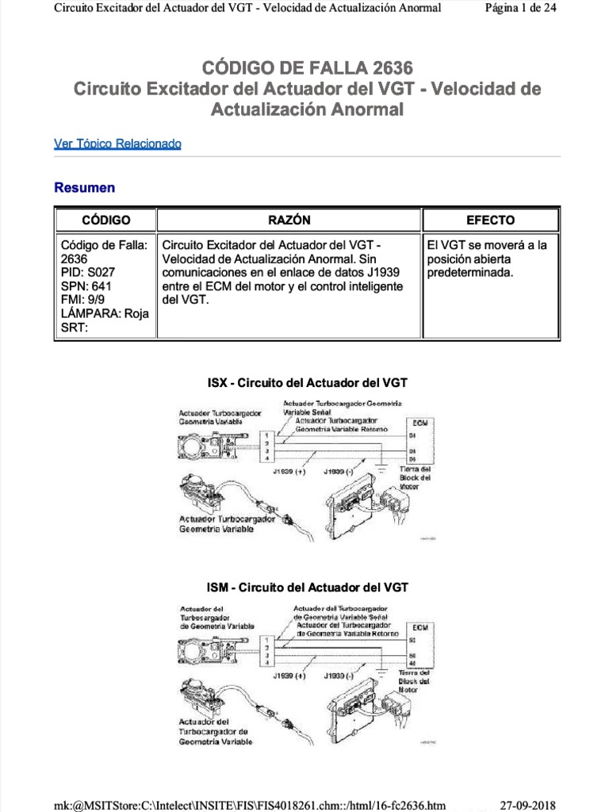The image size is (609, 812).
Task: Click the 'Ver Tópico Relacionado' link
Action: (x=117, y=144)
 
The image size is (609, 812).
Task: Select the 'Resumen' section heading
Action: (x=84, y=188)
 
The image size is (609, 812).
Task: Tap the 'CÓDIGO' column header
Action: (x=105, y=220)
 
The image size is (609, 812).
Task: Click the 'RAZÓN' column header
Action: (x=289, y=220)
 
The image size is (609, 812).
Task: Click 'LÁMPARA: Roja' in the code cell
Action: (x=105, y=313)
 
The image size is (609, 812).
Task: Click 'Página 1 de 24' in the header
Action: (x=542, y=9)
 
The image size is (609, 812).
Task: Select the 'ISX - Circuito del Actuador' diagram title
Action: (x=307, y=383)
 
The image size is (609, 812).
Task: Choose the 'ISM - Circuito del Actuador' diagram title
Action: (x=307, y=588)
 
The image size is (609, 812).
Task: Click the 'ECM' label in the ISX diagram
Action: (x=420, y=423)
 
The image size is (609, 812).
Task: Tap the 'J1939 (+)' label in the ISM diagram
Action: (x=289, y=676)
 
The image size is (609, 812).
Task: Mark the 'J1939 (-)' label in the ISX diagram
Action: (x=339, y=471)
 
